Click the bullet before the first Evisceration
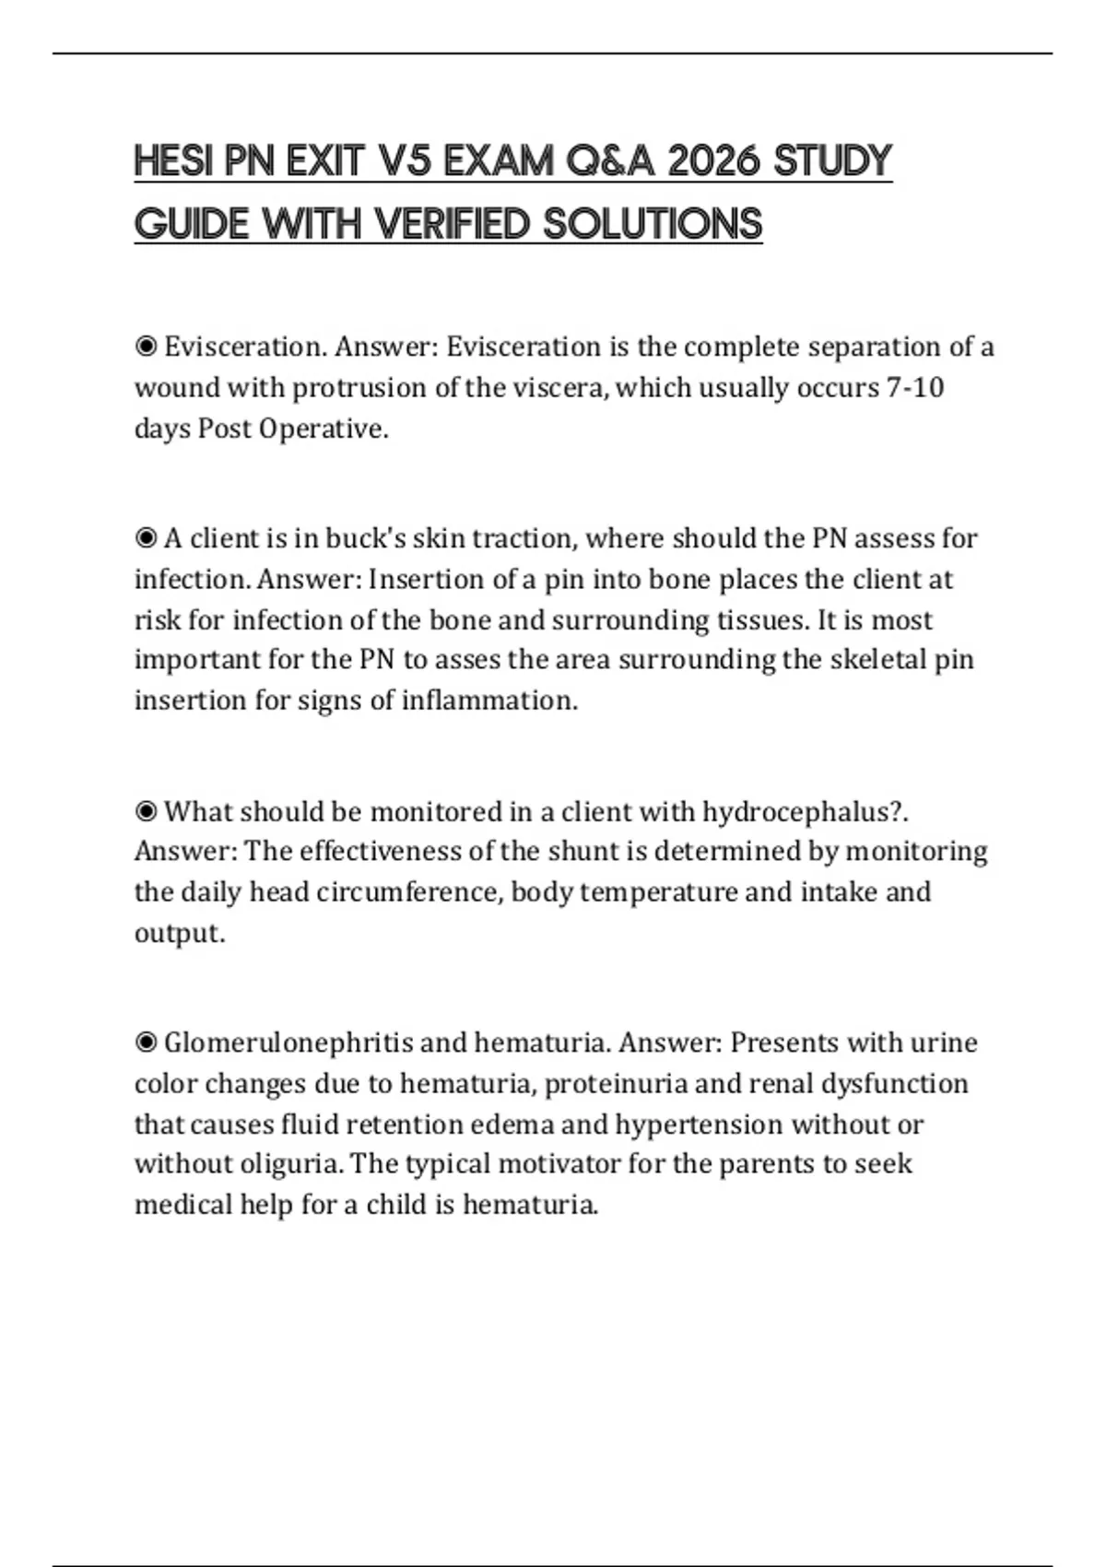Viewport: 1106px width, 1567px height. pyautogui.click(x=146, y=348)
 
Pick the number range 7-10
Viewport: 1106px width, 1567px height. pyautogui.click(x=914, y=387)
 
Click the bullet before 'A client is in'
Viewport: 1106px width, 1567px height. pyautogui.click(x=146, y=538)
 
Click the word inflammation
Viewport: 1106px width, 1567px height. pyautogui.click(x=489, y=701)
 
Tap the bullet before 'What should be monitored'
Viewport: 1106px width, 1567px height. pyautogui.click(x=146, y=812)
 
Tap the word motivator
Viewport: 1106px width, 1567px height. pyautogui.click(x=559, y=1164)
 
